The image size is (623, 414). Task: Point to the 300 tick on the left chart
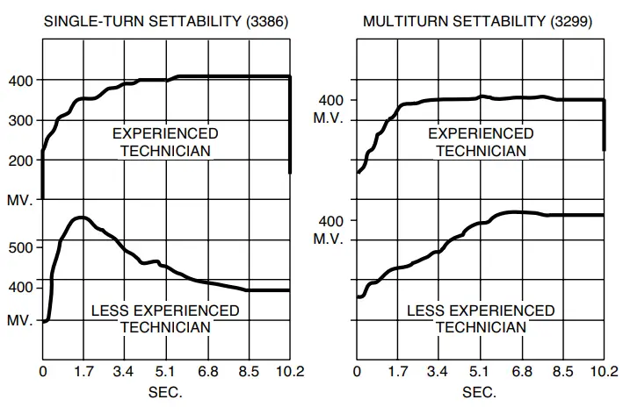tap(20, 120)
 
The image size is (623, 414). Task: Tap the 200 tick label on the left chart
tap(20, 161)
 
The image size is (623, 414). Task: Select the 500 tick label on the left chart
tap(20, 247)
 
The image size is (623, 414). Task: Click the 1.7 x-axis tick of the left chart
tap(83, 372)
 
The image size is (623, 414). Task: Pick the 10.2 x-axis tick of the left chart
tap(289, 372)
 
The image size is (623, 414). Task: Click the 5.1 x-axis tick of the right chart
tap(480, 372)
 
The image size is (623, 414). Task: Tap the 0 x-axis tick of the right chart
tap(357, 372)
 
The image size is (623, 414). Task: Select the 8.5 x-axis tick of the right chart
tap(562, 372)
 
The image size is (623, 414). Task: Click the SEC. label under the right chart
tap(479, 392)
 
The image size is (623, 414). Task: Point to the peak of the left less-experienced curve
tap(82, 218)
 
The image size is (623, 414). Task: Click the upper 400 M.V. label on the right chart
tap(331, 109)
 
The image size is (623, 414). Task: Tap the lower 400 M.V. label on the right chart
tap(331, 229)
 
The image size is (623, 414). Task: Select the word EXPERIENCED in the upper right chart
tap(481, 134)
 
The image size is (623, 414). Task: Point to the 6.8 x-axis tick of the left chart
tap(207, 372)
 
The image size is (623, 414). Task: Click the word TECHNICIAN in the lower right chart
tap(481, 327)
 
